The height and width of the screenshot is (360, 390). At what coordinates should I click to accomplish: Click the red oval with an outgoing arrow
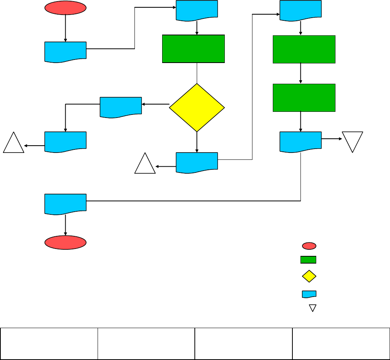coord(65,8)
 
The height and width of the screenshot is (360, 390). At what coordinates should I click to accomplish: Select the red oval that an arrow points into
coord(65,242)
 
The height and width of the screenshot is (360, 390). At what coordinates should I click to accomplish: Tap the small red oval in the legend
coord(309,246)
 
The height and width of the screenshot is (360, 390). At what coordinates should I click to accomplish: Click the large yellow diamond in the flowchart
coord(197,108)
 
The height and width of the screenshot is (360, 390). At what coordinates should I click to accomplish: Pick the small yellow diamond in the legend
coord(309,276)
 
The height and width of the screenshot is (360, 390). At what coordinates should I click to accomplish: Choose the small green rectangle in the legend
coord(308,260)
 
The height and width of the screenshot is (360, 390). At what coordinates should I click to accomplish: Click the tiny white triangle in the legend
coord(313,308)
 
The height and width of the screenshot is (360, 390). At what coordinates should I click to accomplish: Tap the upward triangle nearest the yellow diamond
coord(145,165)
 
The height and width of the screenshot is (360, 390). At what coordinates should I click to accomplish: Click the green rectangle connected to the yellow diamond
coord(193,49)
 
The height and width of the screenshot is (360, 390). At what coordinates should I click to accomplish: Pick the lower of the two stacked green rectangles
coord(304,98)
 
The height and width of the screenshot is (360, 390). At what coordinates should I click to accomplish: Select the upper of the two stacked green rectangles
coord(304,49)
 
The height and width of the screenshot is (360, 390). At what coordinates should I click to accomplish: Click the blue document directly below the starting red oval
coord(65,51)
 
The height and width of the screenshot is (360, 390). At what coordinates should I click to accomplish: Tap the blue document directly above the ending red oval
coord(65,203)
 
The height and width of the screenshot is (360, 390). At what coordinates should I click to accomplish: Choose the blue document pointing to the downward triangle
coord(300,141)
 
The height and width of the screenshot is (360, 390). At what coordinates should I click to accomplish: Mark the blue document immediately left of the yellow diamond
coord(121,106)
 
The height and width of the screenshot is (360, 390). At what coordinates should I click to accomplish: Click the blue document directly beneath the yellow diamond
coord(197,162)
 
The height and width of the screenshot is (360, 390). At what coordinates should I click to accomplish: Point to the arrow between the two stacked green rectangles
coord(300,73)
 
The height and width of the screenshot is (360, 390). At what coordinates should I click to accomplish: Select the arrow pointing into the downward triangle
coord(332,138)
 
